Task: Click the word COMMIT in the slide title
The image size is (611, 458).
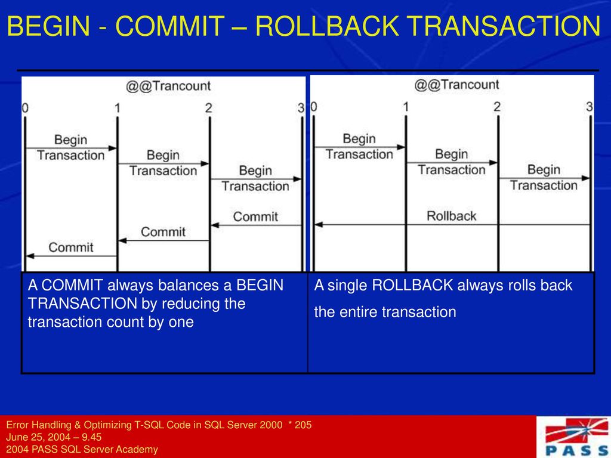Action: coord(170,26)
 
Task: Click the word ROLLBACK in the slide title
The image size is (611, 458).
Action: coord(327,26)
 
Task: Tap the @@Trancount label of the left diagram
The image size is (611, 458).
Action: coord(168,86)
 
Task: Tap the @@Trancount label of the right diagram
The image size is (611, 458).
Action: coord(456,85)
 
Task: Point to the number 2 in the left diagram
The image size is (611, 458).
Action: coord(209,108)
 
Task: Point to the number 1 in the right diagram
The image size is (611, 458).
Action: coord(405,107)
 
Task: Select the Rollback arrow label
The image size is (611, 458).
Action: coord(452,216)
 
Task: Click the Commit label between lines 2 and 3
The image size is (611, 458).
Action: coord(255,217)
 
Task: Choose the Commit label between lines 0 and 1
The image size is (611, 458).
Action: coord(71,247)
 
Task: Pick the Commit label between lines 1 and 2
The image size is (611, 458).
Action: coord(163,232)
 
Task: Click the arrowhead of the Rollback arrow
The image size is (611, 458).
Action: coord(319,225)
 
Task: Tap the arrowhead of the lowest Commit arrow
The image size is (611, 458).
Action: coord(30,256)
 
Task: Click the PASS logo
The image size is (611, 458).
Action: coord(576,437)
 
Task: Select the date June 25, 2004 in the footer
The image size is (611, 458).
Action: coord(38,437)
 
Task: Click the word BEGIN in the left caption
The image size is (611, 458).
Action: coord(260,286)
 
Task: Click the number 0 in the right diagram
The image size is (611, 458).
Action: coord(314,107)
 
